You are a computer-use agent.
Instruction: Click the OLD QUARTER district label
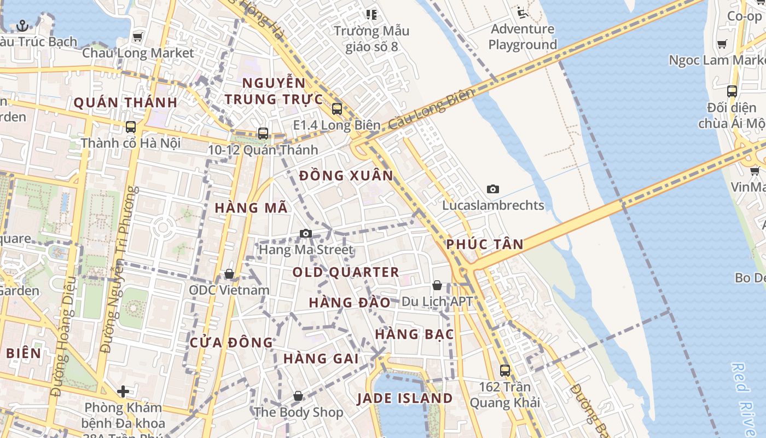(346, 272)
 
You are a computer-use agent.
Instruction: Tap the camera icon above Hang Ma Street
(306, 234)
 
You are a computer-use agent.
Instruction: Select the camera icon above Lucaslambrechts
(493, 189)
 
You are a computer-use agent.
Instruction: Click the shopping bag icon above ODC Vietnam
(229, 274)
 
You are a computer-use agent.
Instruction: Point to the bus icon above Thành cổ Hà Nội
(131, 127)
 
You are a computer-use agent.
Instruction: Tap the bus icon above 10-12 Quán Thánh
(263, 134)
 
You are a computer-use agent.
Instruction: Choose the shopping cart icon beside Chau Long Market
(138, 37)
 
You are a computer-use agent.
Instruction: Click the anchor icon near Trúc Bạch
(22, 25)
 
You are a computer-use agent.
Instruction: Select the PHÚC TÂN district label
(485, 244)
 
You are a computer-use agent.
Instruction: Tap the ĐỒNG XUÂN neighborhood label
(346, 176)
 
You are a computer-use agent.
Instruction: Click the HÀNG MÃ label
(251, 208)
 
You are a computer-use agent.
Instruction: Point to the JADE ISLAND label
(405, 398)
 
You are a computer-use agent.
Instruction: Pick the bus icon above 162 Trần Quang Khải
(505, 371)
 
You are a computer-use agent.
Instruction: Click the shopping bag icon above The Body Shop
(298, 396)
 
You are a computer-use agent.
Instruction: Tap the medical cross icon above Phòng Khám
(123, 391)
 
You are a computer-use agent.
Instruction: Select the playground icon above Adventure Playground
(522, 12)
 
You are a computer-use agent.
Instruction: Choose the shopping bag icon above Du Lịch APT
(437, 285)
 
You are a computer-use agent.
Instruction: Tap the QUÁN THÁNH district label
(125, 102)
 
